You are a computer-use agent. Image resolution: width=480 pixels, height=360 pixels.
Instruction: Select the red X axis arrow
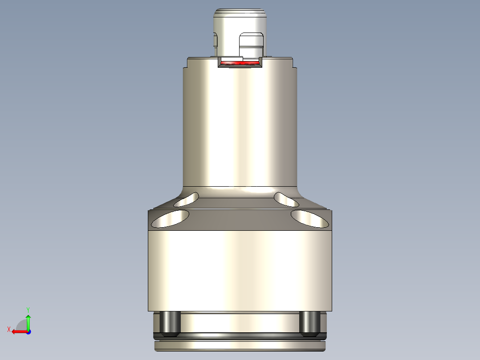click(x=18, y=331)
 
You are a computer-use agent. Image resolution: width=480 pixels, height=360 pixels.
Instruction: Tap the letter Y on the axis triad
click(x=28, y=309)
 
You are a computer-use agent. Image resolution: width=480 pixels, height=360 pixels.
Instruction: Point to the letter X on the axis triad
click(x=8, y=329)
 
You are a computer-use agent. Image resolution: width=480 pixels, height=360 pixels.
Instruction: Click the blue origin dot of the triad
click(x=28, y=331)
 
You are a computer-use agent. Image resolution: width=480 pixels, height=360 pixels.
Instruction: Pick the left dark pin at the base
click(x=169, y=323)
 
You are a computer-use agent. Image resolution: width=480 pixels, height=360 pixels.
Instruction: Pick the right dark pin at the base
click(x=309, y=323)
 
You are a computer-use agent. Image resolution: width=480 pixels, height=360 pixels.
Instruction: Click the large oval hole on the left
click(x=170, y=219)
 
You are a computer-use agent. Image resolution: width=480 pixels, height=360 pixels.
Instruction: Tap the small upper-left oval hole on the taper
click(x=187, y=200)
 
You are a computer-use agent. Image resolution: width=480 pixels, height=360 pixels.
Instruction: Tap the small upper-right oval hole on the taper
click(x=286, y=200)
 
